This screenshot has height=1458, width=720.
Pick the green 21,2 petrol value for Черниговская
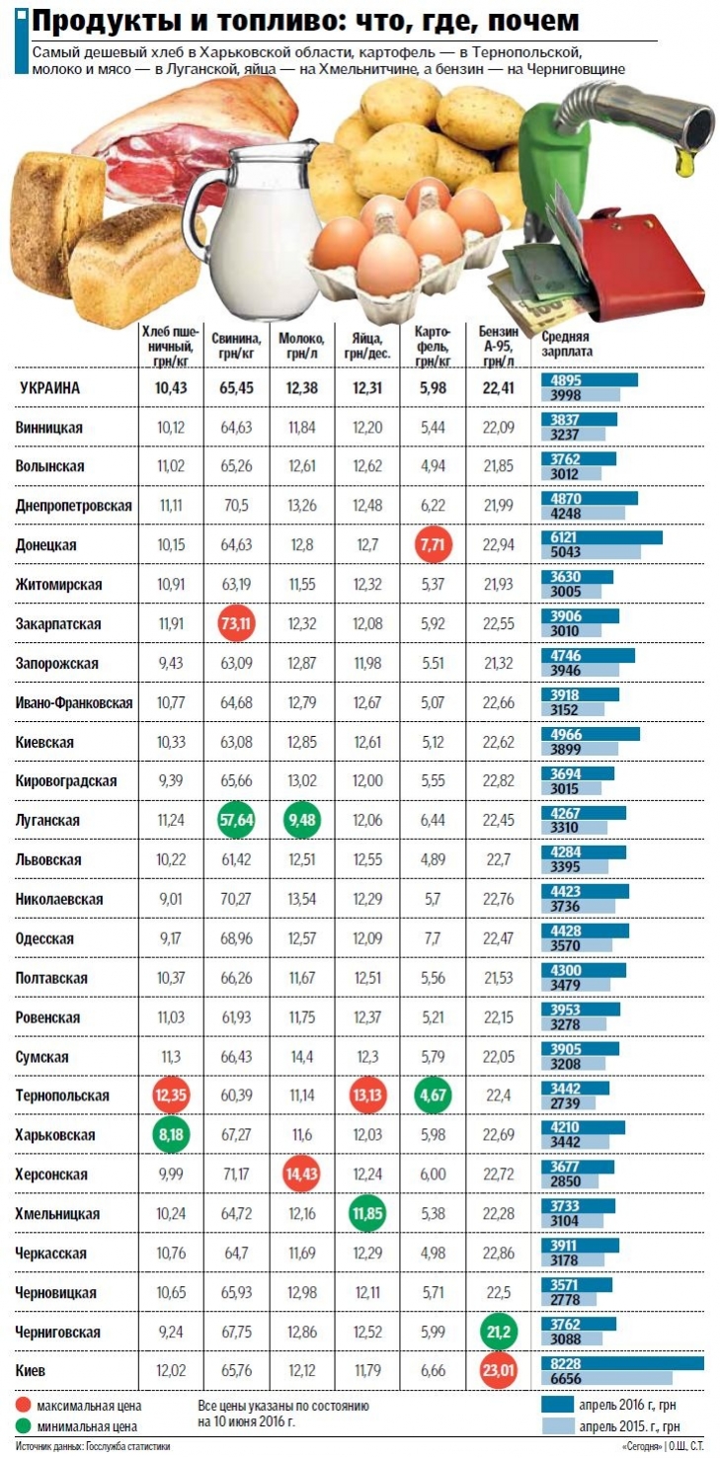(497, 1332)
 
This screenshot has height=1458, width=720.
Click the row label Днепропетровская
(74, 505)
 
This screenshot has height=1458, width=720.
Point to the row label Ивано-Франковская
(74, 702)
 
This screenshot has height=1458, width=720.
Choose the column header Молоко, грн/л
(301, 345)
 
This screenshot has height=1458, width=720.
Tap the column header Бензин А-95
(498, 345)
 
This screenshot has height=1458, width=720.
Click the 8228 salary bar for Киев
(622, 1363)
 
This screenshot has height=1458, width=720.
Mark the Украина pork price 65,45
(237, 387)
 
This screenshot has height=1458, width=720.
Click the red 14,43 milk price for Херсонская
(302, 1174)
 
